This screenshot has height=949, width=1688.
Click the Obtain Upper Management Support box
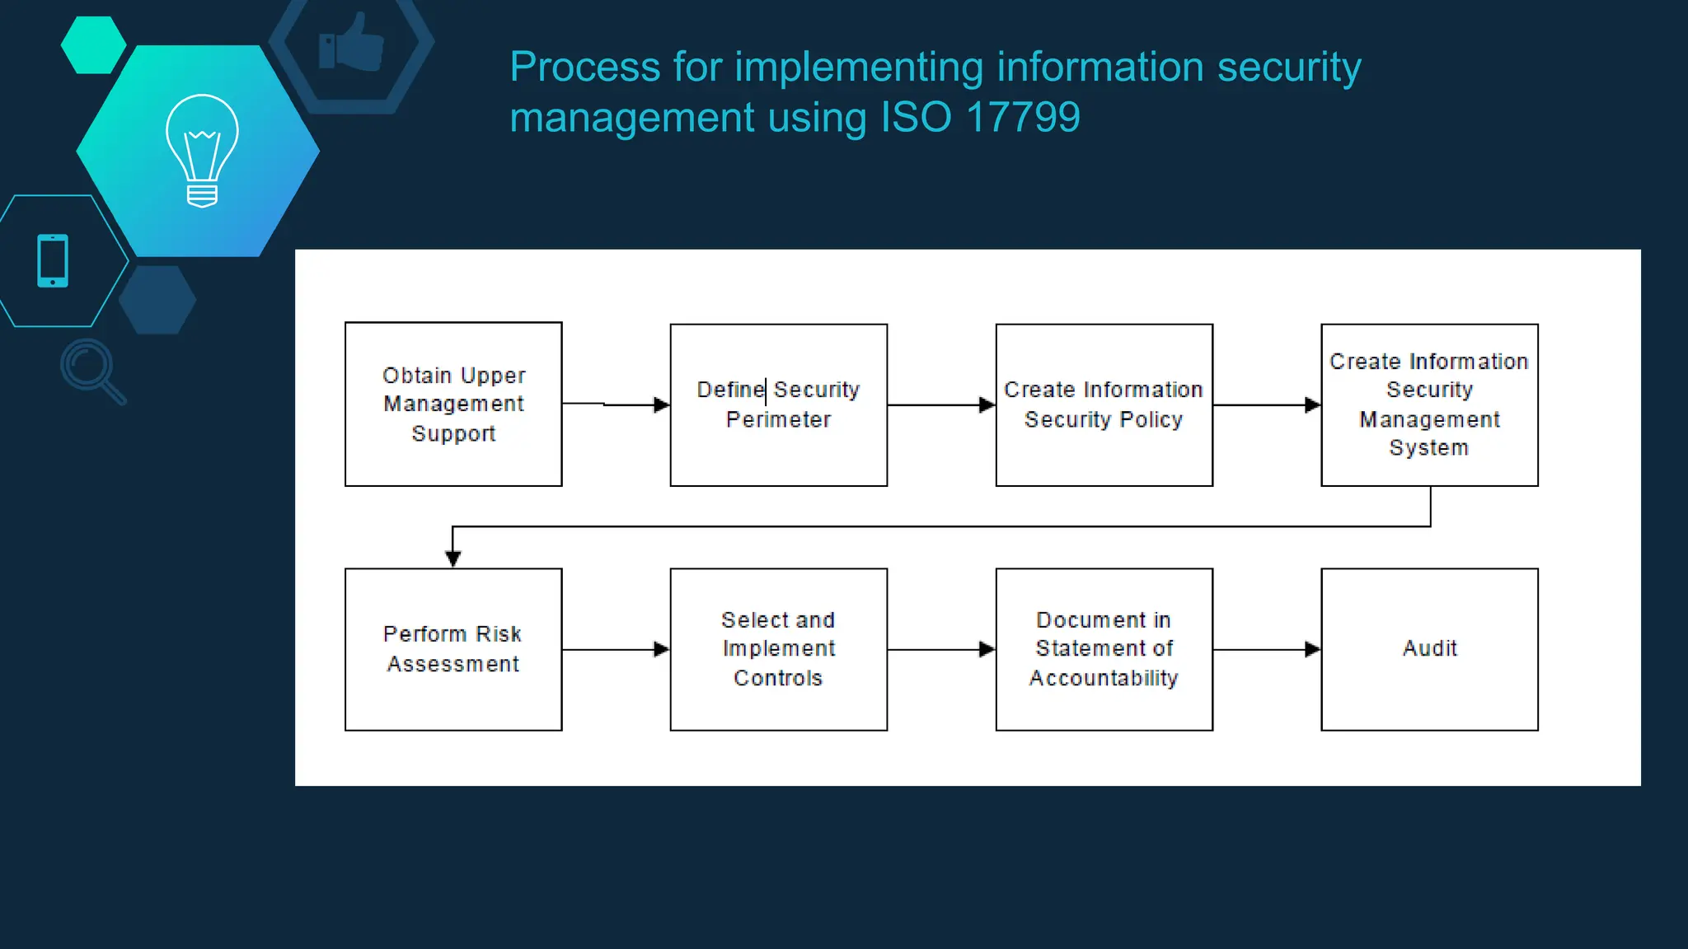pyautogui.click(x=453, y=404)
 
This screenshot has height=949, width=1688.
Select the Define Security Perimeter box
pyautogui.click(x=778, y=404)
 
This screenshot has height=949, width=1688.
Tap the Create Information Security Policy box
pyautogui.click(x=1104, y=404)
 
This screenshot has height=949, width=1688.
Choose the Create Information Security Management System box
pyautogui.click(x=1429, y=404)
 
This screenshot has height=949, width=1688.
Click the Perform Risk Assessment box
pyautogui.click(x=453, y=649)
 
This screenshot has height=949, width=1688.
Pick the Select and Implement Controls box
pyautogui.click(x=778, y=649)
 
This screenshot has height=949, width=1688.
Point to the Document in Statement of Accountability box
pyautogui.click(x=1104, y=649)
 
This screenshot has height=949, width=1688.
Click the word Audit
pyautogui.click(x=1429, y=648)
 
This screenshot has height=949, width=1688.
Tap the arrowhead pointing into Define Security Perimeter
pyautogui.click(x=661, y=404)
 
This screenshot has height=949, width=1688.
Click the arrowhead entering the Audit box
pyautogui.click(x=1312, y=649)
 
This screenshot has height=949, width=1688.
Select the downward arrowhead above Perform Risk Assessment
pyautogui.click(x=452, y=559)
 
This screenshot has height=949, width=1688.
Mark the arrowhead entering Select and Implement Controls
pyautogui.click(x=661, y=649)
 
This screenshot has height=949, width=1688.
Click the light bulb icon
pyautogui.click(x=202, y=150)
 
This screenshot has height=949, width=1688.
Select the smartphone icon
pyautogui.click(x=53, y=260)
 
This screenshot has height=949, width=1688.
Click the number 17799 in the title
pyautogui.click(x=1022, y=117)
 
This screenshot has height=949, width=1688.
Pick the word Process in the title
pyautogui.click(x=584, y=67)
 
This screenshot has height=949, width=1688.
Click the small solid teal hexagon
pyautogui.click(x=93, y=44)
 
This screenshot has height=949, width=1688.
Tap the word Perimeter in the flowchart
pyautogui.click(x=778, y=419)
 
